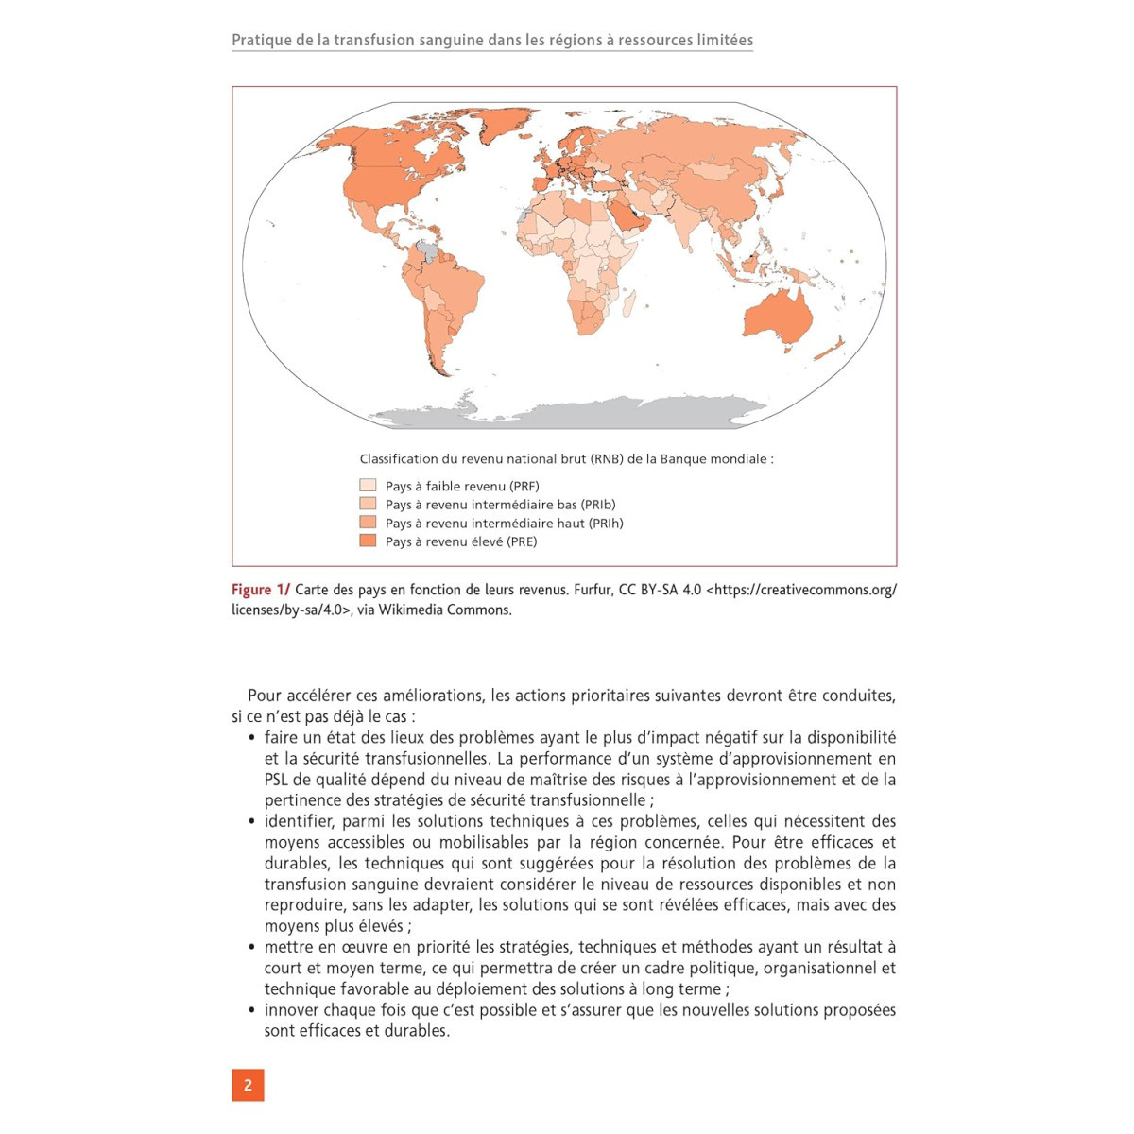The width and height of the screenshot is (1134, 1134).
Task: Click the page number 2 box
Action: coord(248,1085)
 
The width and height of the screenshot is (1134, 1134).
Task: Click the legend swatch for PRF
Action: coord(368,486)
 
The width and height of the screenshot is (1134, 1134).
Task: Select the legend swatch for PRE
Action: coord(368,541)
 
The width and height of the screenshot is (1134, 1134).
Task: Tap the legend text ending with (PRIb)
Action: coord(500,505)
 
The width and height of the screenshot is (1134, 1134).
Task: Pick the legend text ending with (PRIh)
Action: coord(504,523)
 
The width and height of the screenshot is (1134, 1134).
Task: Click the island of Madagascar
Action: coord(629,301)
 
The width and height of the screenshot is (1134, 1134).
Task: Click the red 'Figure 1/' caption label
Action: coord(261,590)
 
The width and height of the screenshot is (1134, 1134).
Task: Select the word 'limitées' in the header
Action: coord(721,41)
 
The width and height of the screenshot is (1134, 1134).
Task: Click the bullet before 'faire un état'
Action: coord(251,738)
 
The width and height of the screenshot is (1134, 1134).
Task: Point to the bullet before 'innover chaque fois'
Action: coord(251,1010)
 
